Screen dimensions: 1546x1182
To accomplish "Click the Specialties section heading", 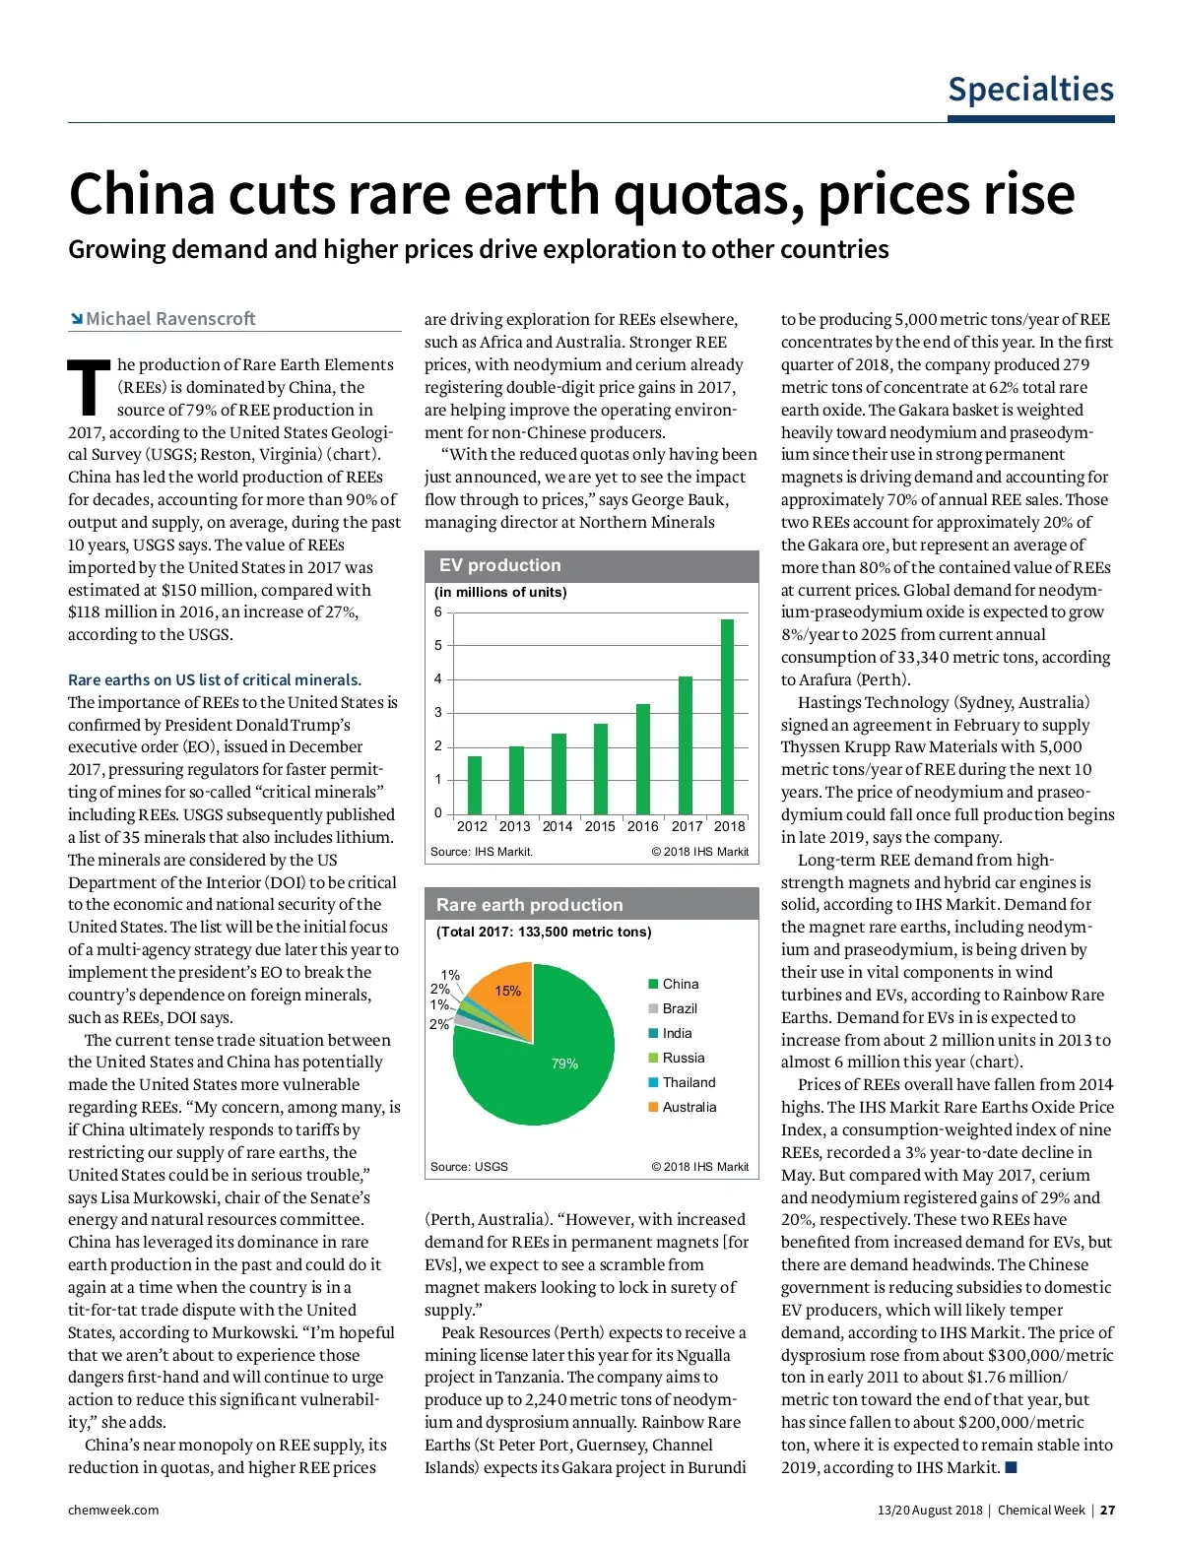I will (x=1030, y=90).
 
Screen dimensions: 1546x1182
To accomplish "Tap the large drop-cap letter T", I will (x=90, y=388).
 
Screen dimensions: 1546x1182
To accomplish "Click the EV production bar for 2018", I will (x=728, y=716).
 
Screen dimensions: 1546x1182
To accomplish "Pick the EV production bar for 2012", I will (x=475, y=785).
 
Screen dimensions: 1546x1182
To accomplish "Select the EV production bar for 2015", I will (x=601, y=768).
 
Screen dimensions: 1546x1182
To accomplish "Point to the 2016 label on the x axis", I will (x=643, y=827).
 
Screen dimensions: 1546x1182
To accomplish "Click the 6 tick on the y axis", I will (x=438, y=612).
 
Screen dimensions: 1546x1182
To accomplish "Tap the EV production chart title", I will (x=499, y=565).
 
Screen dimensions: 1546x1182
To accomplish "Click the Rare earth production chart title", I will (x=530, y=905).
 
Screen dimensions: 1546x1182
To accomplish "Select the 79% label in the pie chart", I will (x=564, y=1064).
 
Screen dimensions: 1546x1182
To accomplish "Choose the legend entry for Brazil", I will (x=679, y=1008).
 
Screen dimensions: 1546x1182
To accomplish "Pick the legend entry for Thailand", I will (x=688, y=1082).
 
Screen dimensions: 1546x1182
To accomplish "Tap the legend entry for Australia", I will (x=688, y=1107).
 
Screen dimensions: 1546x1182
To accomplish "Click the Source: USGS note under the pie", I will (x=469, y=1167).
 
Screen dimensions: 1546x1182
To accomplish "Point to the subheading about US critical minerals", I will (x=215, y=679).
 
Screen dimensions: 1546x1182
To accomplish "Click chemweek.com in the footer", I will (x=113, y=1510).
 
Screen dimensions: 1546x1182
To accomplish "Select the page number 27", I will (x=1108, y=1510).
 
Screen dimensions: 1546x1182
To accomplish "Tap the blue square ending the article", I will (x=1010, y=1468).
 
